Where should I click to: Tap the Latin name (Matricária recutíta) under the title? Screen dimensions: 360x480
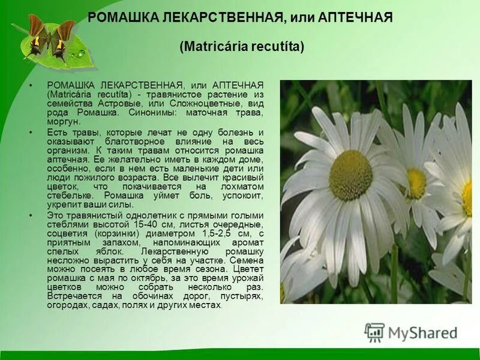[242, 46]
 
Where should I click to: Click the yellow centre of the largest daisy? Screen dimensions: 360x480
[351, 175]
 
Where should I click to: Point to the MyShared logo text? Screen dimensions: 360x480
[423, 333]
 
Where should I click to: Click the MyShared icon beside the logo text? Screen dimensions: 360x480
[375, 333]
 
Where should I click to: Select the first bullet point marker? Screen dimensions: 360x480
[31, 86]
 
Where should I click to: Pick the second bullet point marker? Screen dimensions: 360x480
[31, 131]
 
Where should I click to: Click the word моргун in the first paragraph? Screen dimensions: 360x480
[62, 121]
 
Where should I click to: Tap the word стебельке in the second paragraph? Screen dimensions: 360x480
[67, 195]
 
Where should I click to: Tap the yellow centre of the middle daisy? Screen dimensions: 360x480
[416, 184]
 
